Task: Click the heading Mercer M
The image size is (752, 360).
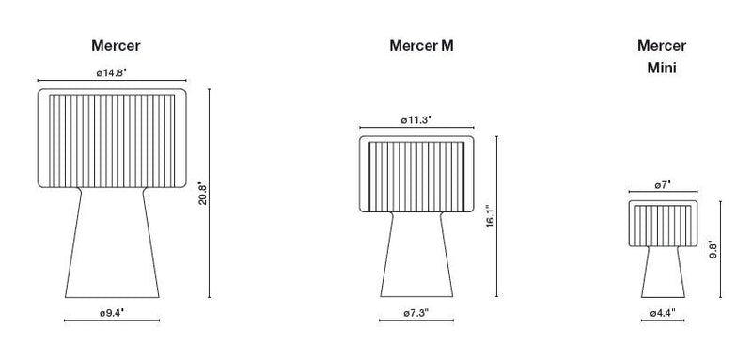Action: [x=428, y=46]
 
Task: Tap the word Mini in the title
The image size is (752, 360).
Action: [x=662, y=69]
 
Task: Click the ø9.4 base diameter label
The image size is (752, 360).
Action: [x=112, y=311]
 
